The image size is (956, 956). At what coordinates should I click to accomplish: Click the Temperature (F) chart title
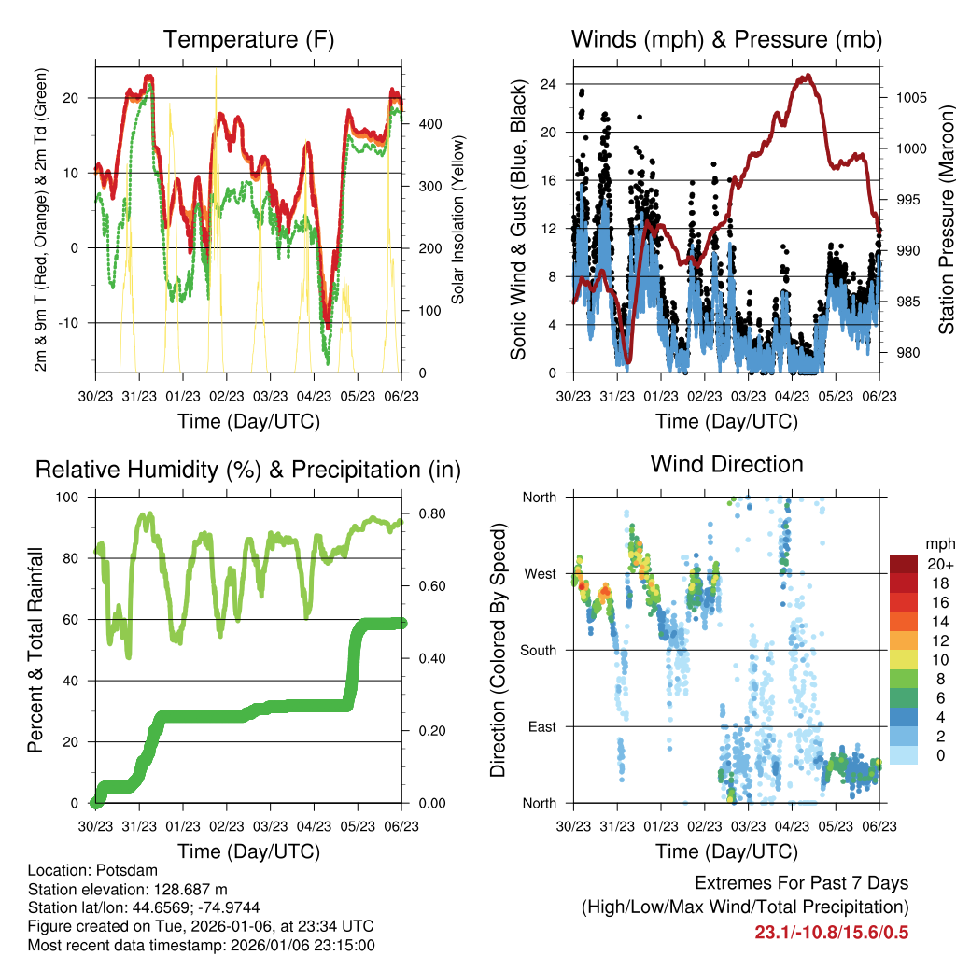point(248,39)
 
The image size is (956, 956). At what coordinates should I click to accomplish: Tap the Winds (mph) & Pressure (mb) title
point(726,39)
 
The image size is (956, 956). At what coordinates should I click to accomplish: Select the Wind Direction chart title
point(726,464)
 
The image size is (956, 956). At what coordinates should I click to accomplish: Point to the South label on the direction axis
point(538,650)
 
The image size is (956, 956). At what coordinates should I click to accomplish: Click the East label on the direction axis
point(541,726)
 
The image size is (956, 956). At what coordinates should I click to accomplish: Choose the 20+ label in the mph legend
point(938,565)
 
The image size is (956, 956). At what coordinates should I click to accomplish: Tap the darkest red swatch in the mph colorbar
point(902,564)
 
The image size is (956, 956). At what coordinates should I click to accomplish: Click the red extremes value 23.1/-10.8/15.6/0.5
point(831,933)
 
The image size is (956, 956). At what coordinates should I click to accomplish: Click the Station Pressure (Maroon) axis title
point(946,219)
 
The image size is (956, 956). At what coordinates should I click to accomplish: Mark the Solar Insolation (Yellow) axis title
point(458,219)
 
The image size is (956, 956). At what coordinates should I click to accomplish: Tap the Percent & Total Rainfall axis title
point(35,650)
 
